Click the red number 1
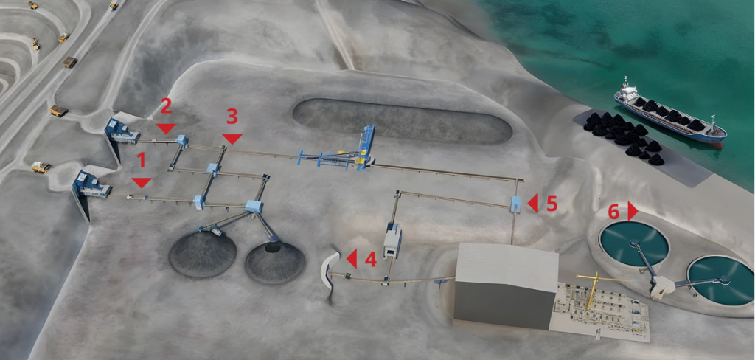coord(141,161)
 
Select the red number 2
coord(166,106)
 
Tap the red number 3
coord(232,117)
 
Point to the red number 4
coord(370,259)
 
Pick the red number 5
coord(552,204)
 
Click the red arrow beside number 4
coord(352,259)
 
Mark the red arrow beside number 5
coord(532,203)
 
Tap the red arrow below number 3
coord(232,139)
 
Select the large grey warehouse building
coord(506,285)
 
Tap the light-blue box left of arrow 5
coord(516,204)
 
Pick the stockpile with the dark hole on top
coord(275,262)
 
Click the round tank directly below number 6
coord(633,243)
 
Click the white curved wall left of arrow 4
coord(329,269)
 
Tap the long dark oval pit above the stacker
coord(402,121)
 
